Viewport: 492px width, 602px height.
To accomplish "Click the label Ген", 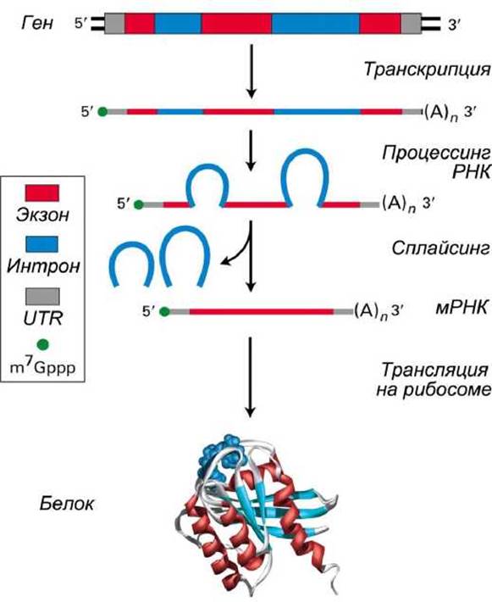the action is (37, 23).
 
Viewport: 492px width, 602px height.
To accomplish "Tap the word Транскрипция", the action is (427, 70).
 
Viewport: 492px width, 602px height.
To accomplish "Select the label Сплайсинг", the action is (441, 248).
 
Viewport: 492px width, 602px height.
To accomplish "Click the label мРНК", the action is (462, 308).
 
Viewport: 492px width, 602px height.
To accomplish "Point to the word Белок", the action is (66, 504).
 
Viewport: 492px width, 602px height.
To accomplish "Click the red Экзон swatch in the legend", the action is (42, 192).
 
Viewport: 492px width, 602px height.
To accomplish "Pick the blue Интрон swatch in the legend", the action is (41, 244).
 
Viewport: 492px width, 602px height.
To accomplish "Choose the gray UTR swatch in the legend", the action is (42, 297).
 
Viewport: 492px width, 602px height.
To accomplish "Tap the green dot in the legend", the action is (42, 344).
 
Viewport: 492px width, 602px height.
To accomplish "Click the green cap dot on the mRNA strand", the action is (164, 312).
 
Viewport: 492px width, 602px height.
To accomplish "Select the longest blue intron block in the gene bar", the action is (316, 24).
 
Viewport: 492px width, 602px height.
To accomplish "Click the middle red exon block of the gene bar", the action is (236, 24).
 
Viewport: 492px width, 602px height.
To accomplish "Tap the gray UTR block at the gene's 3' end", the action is (411, 24).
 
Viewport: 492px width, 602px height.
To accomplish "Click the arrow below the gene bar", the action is (252, 71).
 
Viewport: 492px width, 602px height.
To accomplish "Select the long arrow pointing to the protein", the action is (250, 377).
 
